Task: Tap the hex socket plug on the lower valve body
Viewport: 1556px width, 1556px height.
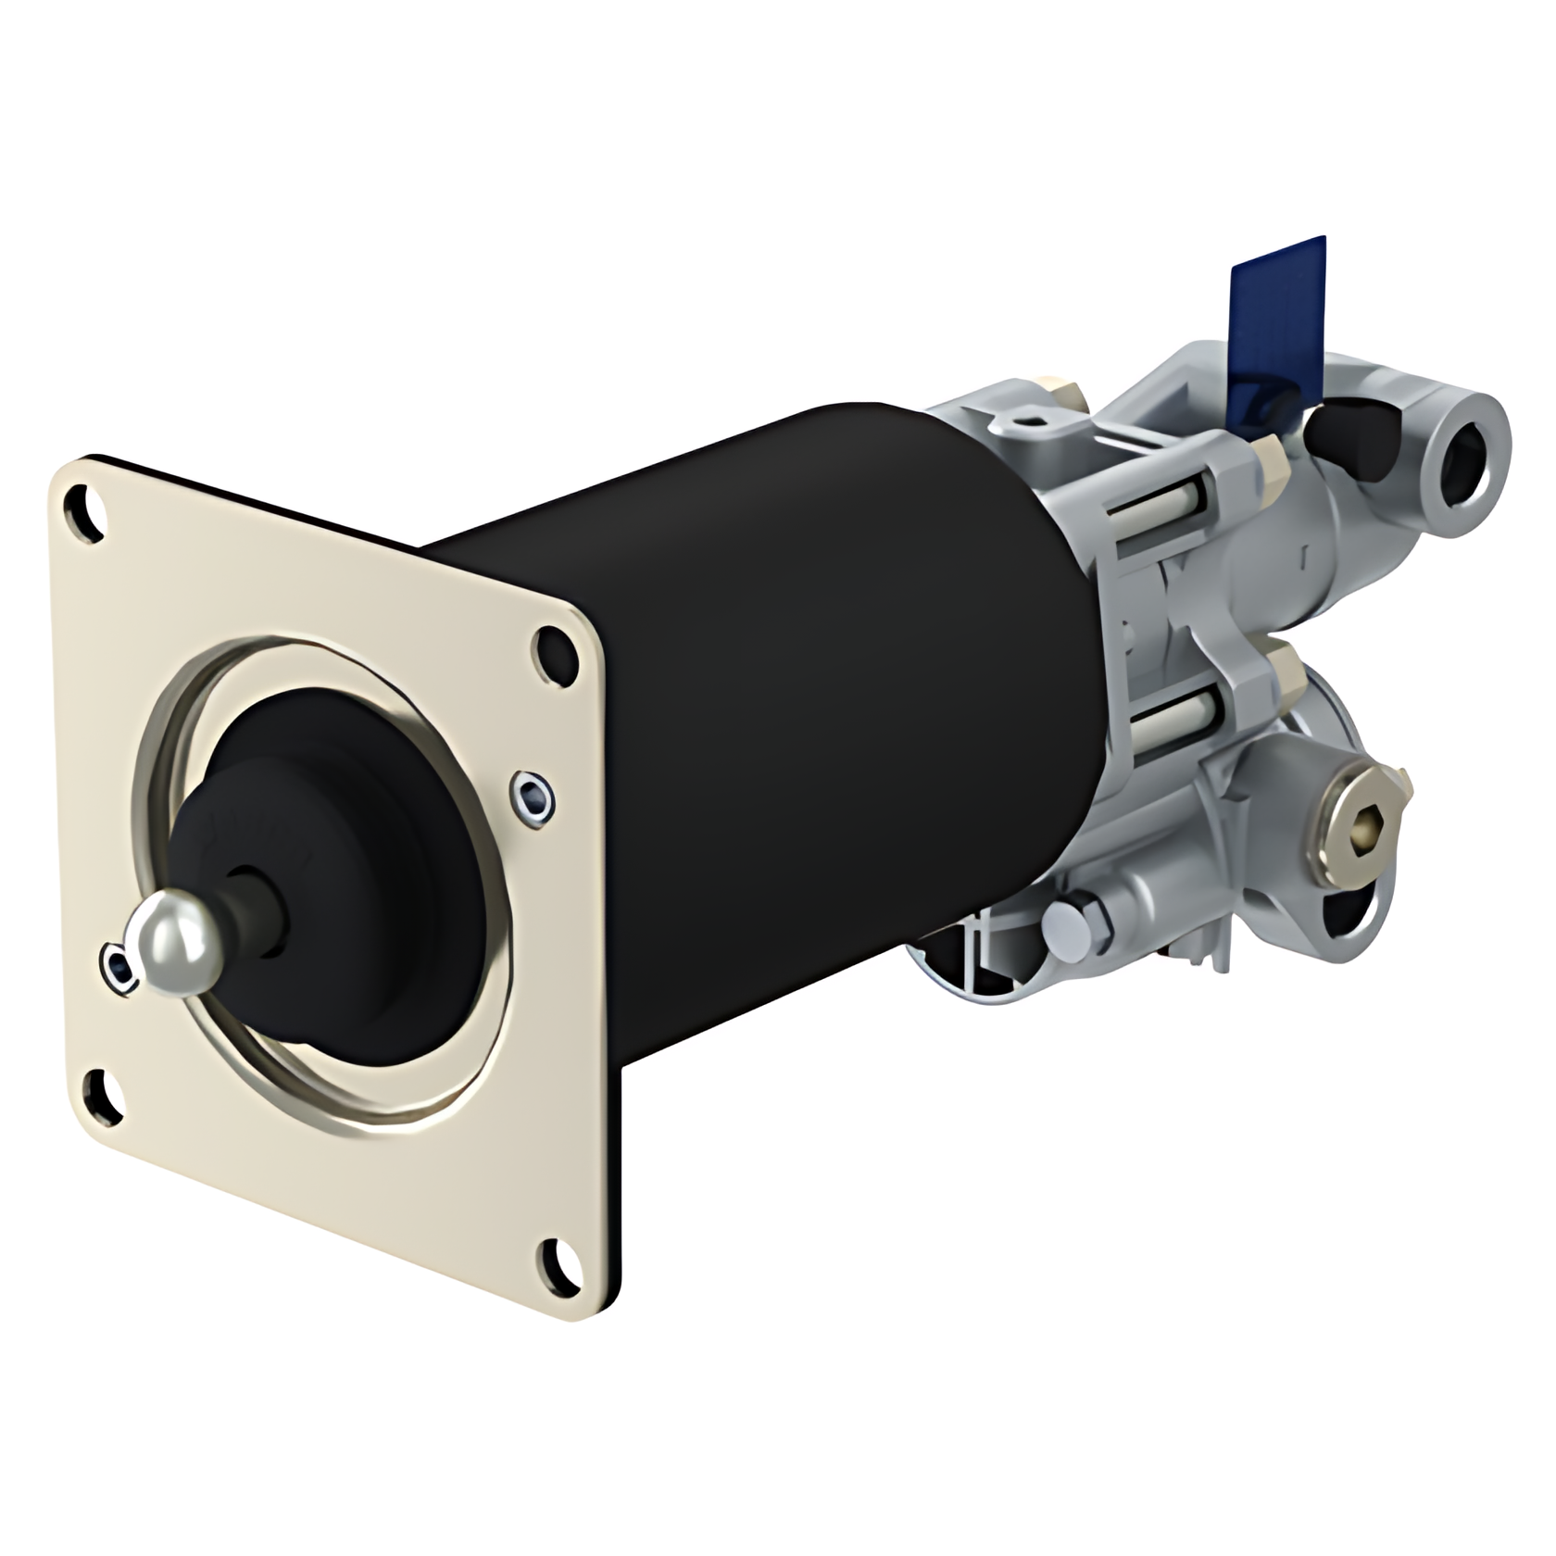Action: [x=1361, y=819]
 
